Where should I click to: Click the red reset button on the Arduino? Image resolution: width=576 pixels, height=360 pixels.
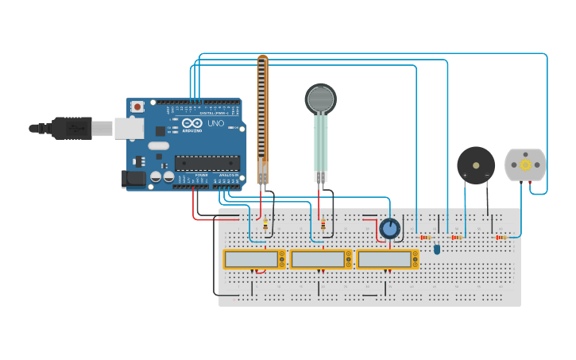pyautogui.click(x=137, y=106)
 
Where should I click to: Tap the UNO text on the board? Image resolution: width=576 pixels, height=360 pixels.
pyautogui.click(x=215, y=123)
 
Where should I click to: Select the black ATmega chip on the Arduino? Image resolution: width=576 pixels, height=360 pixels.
pyautogui.click(x=207, y=162)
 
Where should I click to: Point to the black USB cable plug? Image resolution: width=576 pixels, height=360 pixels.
pyautogui.click(x=72, y=127)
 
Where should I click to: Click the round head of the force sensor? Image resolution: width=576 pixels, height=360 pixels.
pyautogui.click(x=320, y=99)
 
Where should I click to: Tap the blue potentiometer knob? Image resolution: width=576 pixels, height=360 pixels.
pyautogui.click(x=389, y=229)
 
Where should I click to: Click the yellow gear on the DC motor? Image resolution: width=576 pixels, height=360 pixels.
pyautogui.click(x=525, y=165)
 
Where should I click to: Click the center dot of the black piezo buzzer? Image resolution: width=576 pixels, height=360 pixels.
pyautogui.click(x=476, y=165)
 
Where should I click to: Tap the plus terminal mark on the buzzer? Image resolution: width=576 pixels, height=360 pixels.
pyautogui.click(x=465, y=175)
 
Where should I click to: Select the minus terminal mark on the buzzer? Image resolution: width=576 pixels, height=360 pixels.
pyautogui.click(x=487, y=175)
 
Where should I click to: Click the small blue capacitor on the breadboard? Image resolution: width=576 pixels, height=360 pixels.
pyautogui.click(x=436, y=250)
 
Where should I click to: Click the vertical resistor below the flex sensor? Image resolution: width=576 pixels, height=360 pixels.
pyautogui.click(x=265, y=224)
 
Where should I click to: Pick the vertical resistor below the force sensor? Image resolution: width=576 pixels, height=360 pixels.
pyautogui.click(x=323, y=225)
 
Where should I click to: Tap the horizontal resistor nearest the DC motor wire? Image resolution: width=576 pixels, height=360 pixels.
pyautogui.click(x=501, y=237)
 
